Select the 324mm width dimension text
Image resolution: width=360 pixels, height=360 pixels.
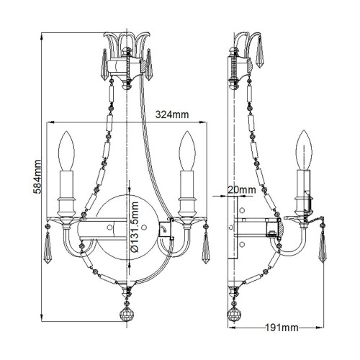click(x=173, y=114)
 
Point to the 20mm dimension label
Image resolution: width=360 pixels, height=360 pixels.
click(x=240, y=189)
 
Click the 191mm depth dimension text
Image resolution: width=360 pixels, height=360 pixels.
click(x=281, y=329)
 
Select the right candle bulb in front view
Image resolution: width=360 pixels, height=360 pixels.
click(x=189, y=149)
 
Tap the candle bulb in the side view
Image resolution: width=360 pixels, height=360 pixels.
click(x=306, y=148)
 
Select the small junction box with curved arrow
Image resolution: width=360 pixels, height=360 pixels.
click(x=164, y=230)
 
